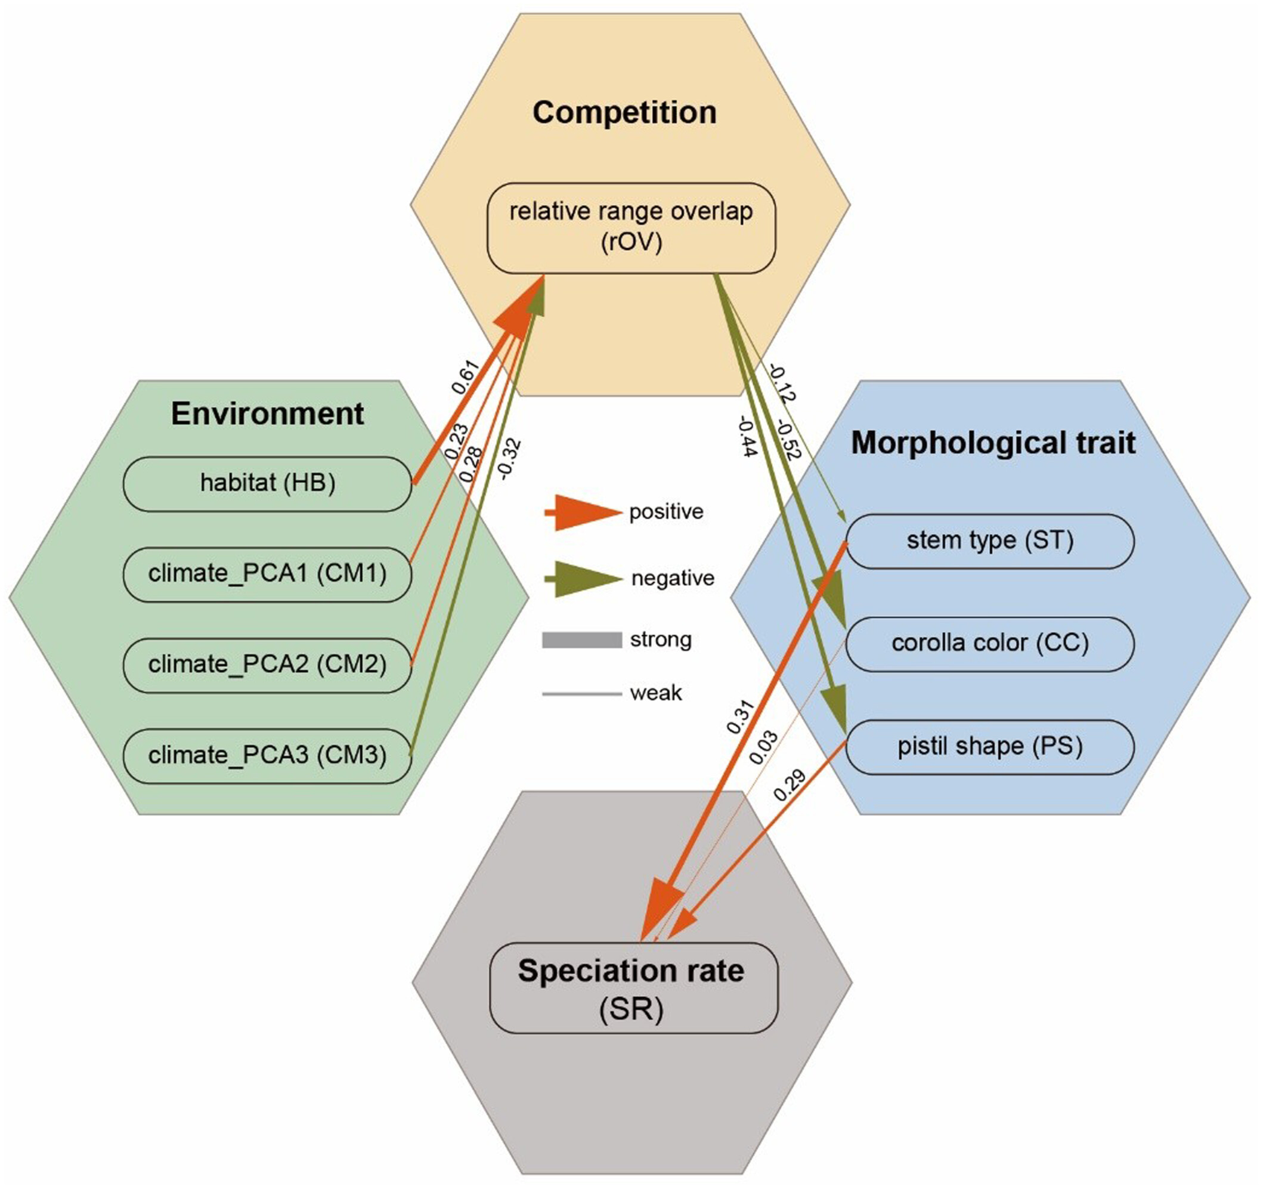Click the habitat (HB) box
coord(268,484)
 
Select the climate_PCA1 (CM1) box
coord(268,575)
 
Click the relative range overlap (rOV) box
coord(631,228)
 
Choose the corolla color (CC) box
coord(990,644)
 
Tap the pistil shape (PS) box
coord(990,747)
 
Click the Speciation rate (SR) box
coord(633,989)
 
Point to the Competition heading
coord(624,113)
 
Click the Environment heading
coord(268,413)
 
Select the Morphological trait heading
coord(993,443)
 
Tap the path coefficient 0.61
coord(465,378)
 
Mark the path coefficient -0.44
coord(748,437)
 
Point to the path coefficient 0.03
coord(763,748)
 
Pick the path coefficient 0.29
coord(790,786)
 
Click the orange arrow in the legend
coord(583,512)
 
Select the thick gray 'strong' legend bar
coord(581,640)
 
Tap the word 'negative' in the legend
coord(673,578)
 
